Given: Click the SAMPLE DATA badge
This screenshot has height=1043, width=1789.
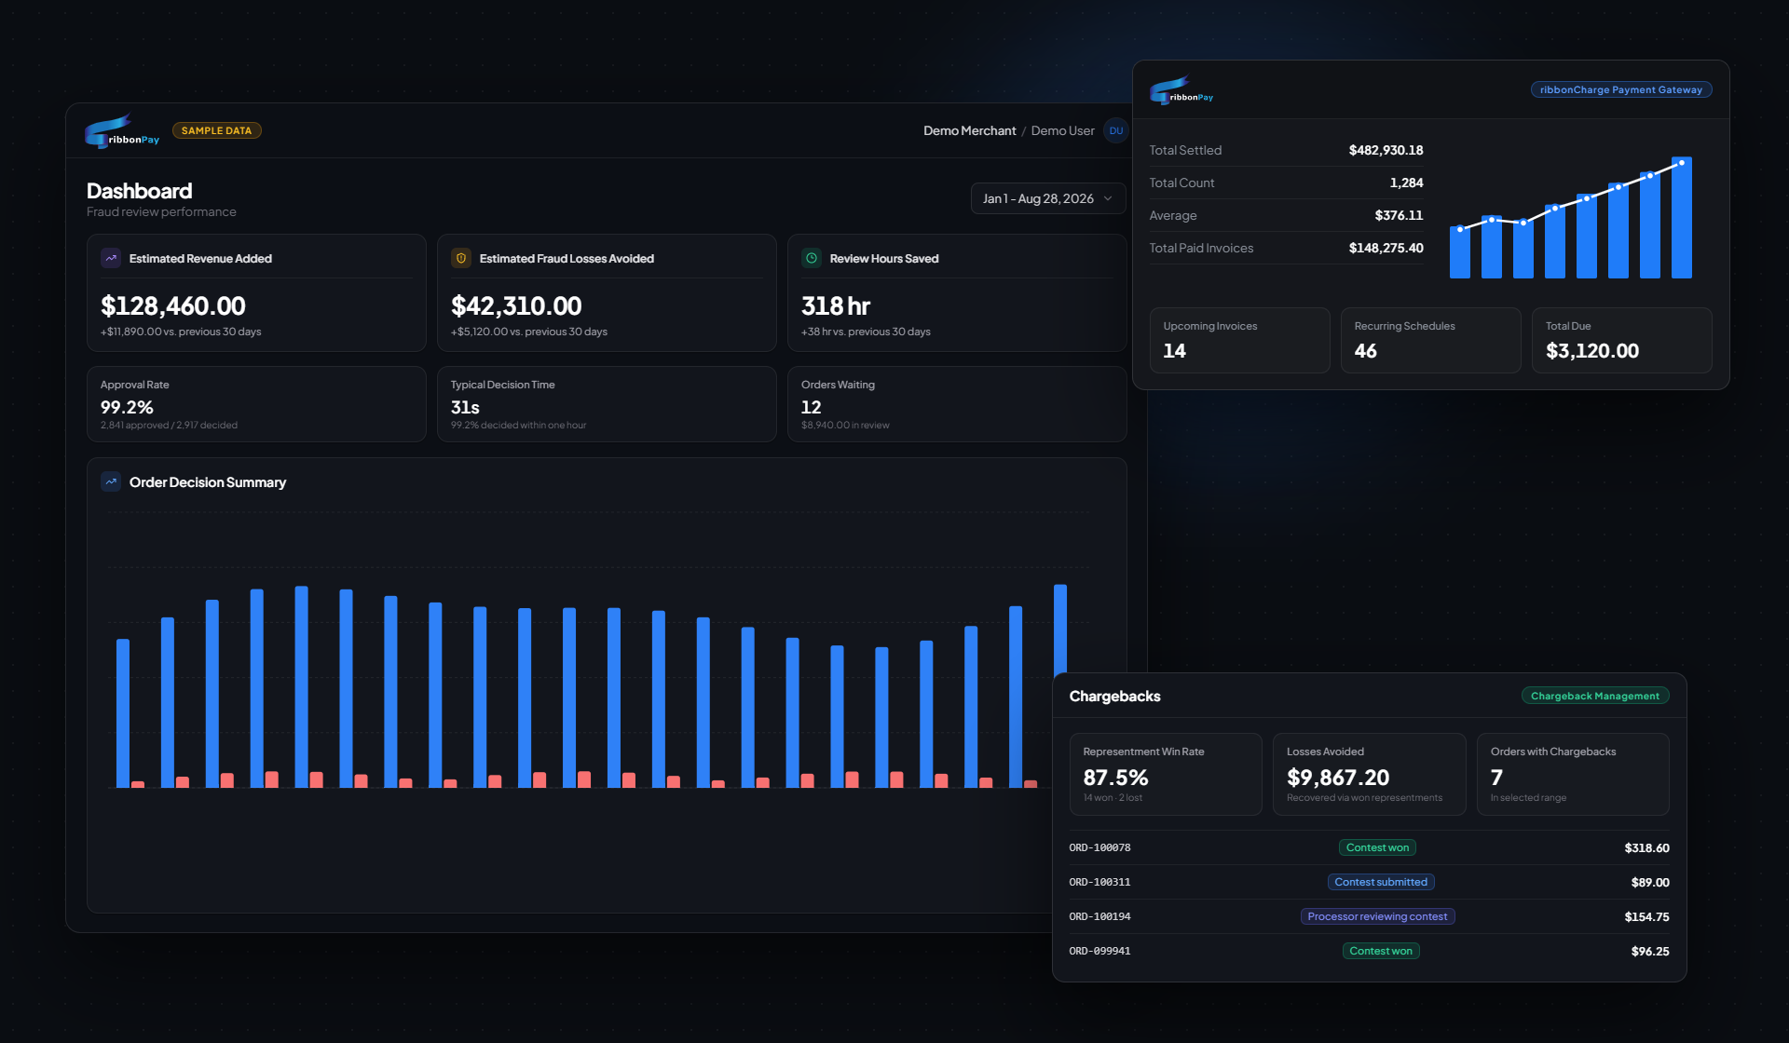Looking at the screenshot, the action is (216, 130).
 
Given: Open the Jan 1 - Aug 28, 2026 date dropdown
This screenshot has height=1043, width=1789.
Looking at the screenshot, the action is (1047, 198).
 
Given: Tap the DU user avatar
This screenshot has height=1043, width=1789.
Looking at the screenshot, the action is (1115, 130).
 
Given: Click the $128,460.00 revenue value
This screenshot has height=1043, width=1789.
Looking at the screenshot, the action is (173, 305).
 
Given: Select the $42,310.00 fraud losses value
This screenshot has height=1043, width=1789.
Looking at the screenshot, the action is (516, 305).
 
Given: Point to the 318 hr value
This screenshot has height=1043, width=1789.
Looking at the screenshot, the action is (836, 305).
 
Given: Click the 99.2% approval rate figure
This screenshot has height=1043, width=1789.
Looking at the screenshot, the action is (127, 407).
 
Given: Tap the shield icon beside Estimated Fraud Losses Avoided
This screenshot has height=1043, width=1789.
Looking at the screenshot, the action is (461, 258).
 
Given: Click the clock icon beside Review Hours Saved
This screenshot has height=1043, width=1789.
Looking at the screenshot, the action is (812, 258).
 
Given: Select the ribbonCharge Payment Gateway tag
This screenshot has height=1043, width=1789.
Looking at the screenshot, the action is (1621, 89).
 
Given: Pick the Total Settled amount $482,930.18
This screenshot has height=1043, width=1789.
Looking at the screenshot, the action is (1386, 150).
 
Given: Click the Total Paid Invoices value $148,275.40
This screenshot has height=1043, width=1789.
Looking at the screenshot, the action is (1386, 248).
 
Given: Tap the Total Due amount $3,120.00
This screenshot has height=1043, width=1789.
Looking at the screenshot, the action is (1591, 350).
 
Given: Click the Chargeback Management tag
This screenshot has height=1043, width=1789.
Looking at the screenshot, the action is (1595, 696).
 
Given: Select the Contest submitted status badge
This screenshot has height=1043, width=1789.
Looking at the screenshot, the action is (1381, 882).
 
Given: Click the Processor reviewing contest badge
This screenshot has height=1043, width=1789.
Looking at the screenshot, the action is (1377, 916).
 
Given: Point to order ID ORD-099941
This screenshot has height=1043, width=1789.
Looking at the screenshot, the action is (1099, 951).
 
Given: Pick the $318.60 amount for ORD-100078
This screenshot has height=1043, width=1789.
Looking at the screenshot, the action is (1646, 847).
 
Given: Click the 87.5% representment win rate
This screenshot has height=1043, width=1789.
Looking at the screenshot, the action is (1115, 777).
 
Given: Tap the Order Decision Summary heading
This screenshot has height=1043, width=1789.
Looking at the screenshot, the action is (208, 481).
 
